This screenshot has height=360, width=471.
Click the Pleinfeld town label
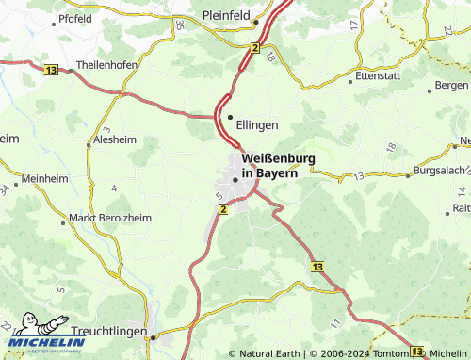(231, 15)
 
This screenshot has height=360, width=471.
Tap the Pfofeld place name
(74, 18)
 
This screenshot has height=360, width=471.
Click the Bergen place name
(450, 86)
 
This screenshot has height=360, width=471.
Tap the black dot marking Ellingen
(230, 117)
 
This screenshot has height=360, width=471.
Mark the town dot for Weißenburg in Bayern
(235, 180)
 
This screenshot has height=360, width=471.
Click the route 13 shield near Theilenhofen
(50, 70)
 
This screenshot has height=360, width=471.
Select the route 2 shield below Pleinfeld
(254, 46)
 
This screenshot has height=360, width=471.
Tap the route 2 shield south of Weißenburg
(223, 209)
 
